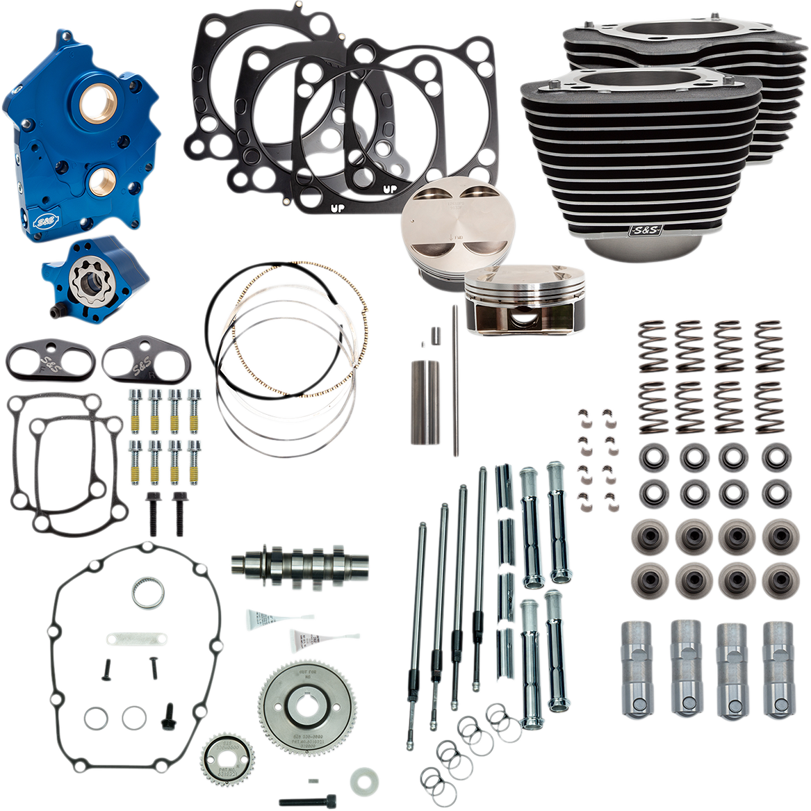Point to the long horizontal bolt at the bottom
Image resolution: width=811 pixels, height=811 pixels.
(x=306, y=800)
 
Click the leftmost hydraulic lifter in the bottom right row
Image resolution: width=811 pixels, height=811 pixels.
(x=634, y=668)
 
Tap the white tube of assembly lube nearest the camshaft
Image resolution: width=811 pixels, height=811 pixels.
(x=265, y=618)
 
